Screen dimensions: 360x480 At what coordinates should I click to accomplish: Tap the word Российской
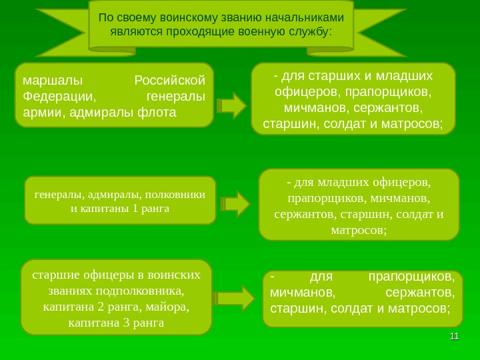(169, 81)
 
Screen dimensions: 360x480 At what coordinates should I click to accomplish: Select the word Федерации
(56, 97)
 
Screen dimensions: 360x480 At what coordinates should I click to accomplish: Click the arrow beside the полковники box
(235, 204)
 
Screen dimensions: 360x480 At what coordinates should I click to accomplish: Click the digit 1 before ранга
(135, 208)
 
